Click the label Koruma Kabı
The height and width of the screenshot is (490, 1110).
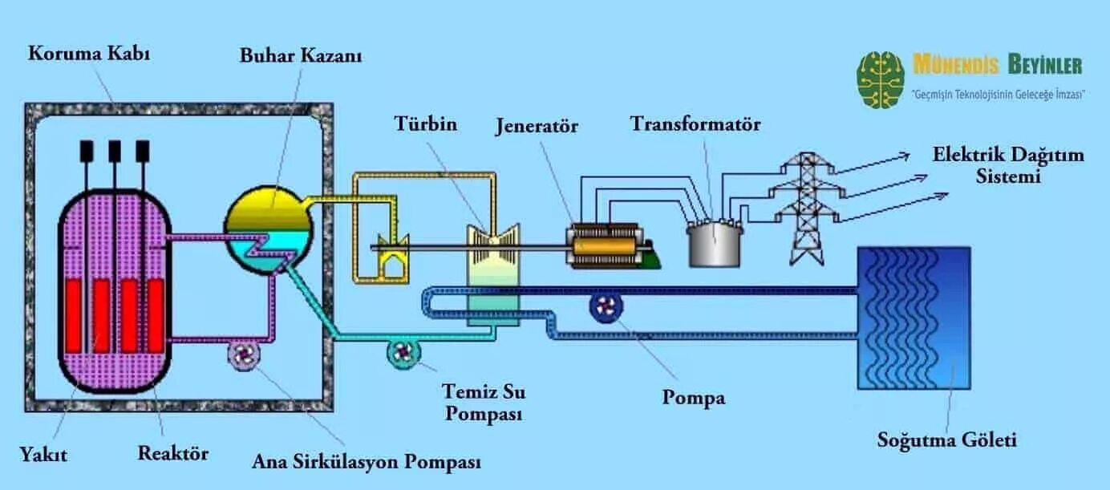click(x=89, y=55)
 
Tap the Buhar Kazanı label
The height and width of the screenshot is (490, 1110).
click(x=301, y=56)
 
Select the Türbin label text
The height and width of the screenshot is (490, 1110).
click(x=425, y=124)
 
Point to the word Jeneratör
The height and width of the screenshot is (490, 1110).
click(x=537, y=126)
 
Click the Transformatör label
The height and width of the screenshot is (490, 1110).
click(x=695, y=124)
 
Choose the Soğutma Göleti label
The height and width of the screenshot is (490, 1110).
click(x=946, y=439)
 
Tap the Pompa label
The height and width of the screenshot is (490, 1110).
click(x=694, y=397)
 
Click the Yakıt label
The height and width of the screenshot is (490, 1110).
click(x=45, y=455)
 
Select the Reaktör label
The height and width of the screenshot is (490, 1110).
click(x=173, y=453)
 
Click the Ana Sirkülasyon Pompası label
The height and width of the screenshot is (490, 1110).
click(x=367, y=462)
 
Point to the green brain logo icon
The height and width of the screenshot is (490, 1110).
click(x=881, y=79)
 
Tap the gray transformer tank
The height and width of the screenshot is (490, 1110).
click(x=715, y=244)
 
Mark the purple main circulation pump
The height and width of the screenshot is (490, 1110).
click(x=243, y=353)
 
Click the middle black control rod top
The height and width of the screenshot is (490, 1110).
click(x=115, y=150)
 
